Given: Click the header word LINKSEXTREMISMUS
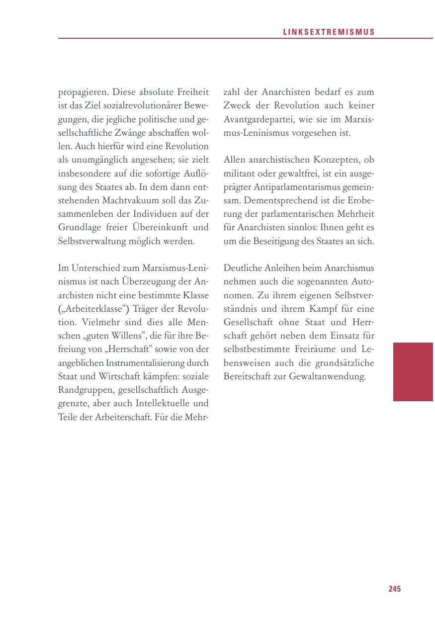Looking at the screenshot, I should pyautogui.click(x=329, y=32).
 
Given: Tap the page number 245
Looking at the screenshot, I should pyautogui.click(x=394, y=589).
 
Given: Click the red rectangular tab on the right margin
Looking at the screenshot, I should pyautogui.click(x=413, y=371).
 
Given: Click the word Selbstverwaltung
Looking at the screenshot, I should pyautogui.click(x=89, y=242).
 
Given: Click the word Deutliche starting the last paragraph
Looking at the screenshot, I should pyautogui.click(x=242, y=268).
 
